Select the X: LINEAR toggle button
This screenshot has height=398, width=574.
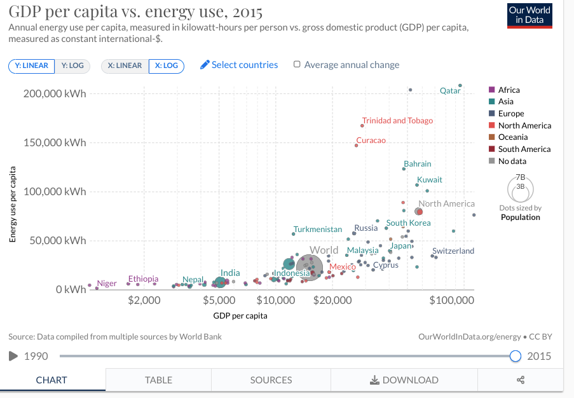click(125, 65)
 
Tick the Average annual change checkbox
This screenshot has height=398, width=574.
click(297, 64)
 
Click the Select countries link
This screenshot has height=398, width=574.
click(239, 65)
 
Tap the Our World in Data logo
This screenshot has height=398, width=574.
click(530, 15)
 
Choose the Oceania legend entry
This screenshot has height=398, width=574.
click(512, 137)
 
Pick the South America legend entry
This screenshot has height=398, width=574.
click(524, 149)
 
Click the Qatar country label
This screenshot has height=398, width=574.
click(450, 91)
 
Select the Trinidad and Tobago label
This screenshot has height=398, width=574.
click(397, 121)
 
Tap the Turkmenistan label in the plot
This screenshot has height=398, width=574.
click(318, 229)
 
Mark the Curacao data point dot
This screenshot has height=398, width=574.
click(356, 146)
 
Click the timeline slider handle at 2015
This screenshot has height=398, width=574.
click(516, 356)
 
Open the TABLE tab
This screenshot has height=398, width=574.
click(158, 380)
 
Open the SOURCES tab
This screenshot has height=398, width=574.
click(271, 380)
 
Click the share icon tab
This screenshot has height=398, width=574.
click(521, 380)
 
